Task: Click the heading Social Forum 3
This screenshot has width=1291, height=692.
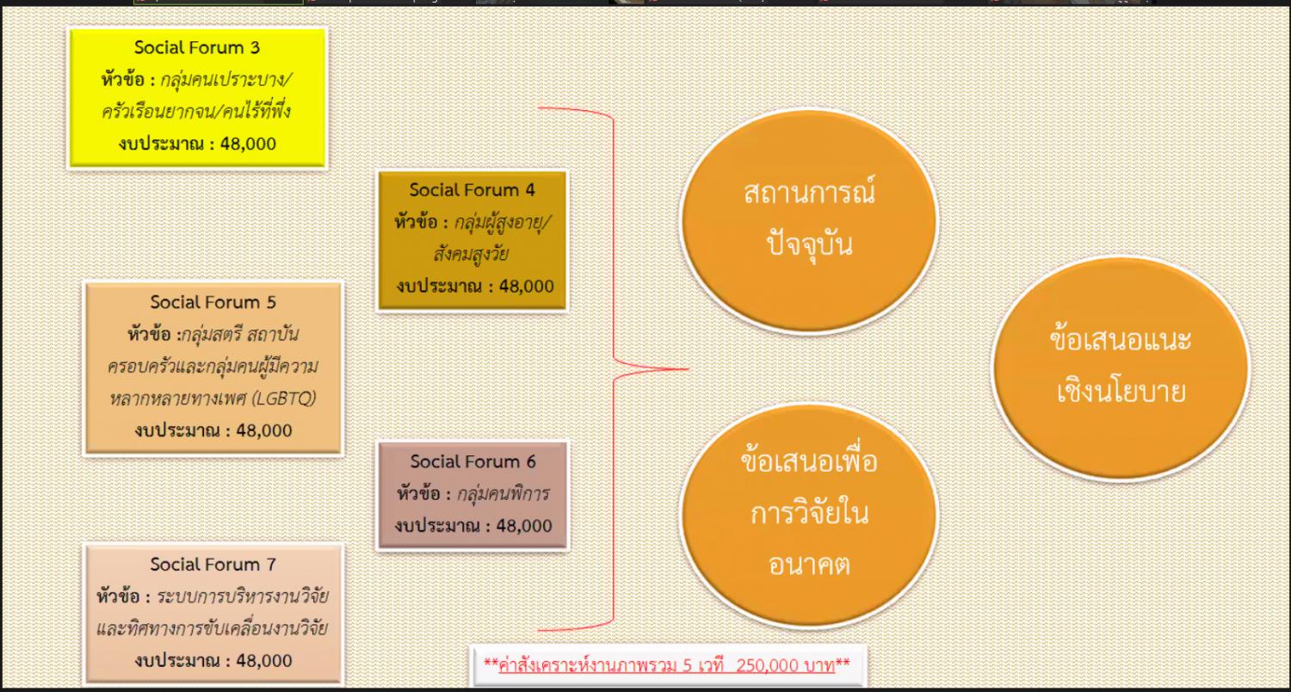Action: pos(197,47)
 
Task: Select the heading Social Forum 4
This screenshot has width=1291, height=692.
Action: pos(472,189)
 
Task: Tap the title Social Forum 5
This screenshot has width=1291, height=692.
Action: pos(213,302)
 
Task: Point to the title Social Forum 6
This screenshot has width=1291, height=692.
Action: pos(473,461)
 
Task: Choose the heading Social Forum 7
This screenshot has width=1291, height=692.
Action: pos(213,564)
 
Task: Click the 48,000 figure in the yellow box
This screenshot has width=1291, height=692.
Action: pos(248,144)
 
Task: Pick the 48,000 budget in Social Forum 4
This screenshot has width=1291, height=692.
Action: pos(526,287)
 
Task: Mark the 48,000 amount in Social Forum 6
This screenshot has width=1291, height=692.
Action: pos(524,526)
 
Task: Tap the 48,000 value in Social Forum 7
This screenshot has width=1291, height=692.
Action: pos(264,661)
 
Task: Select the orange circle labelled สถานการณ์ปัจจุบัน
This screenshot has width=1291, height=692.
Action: pos(809,220)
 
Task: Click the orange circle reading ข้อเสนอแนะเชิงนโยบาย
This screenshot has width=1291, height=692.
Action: pos(1121,368)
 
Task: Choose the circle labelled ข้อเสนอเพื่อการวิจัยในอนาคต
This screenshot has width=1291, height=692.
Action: pos(809,515)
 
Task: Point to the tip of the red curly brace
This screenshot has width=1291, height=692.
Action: pos(689,368)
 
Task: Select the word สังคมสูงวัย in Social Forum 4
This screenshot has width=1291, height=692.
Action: pos(471,254)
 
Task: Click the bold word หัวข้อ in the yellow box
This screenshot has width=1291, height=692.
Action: pos(123,79)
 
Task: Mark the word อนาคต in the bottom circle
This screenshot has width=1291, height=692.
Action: pos(809,565)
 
